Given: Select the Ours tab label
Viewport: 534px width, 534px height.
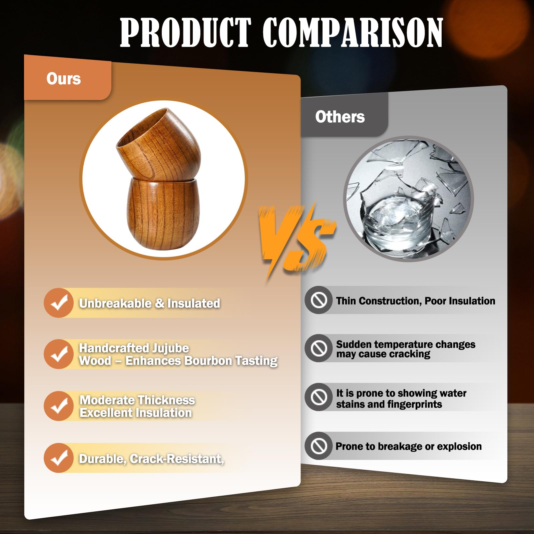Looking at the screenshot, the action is (64, 79).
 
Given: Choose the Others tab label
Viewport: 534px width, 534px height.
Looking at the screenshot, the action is (340, 117).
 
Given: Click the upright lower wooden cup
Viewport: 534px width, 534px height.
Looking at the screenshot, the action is (163, 213).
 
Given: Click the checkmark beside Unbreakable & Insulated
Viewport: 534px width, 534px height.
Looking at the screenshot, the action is (58, 303).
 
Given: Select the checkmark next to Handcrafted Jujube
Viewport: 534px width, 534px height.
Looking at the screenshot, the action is (58, 354).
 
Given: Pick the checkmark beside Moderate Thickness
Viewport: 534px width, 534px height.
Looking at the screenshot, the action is (58, 406).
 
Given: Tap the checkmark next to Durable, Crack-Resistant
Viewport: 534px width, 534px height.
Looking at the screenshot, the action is (58, 458).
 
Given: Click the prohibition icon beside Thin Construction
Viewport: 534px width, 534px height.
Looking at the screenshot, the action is (319, 300).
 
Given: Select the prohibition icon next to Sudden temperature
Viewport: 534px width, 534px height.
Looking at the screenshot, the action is (319, 348).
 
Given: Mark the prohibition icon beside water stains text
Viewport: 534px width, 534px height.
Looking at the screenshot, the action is (319, 397).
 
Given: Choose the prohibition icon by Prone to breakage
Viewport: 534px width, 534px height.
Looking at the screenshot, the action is (319, 446).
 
